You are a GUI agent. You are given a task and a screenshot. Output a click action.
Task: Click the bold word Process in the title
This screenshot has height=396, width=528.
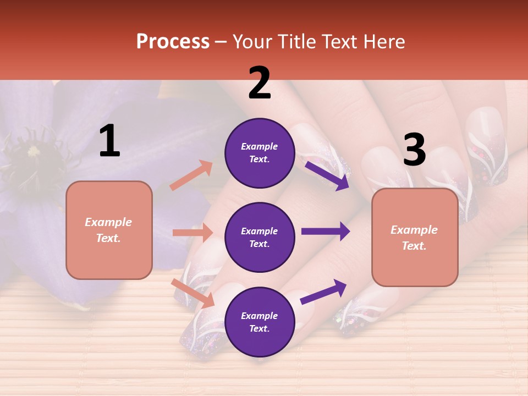tap(173, 41)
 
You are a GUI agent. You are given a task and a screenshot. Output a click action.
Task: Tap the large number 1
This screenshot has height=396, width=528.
tap(109, 141)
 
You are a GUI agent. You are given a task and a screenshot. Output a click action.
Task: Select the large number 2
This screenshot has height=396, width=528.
tap(260, 83)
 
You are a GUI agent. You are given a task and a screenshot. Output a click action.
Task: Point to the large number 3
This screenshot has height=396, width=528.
tap(414, 150)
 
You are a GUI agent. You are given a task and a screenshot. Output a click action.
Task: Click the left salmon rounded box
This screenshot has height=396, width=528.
tap(109, 230)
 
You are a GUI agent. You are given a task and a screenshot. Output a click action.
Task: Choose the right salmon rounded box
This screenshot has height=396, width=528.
tap(415, 238)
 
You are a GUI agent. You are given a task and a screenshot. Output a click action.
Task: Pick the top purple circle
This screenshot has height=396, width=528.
tap(260, 153)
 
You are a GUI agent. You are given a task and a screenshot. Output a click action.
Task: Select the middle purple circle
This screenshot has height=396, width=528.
tap(260, 238)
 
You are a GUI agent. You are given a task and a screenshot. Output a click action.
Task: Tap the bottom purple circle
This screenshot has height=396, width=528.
tap(260, 322)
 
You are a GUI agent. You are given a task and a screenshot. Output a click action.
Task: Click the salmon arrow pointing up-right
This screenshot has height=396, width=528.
tap(191, 175)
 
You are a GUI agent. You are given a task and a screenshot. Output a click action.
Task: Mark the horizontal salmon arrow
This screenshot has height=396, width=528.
tap(193, 233)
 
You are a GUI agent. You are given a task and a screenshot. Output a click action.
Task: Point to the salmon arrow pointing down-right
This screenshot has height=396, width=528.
tap(193, 293)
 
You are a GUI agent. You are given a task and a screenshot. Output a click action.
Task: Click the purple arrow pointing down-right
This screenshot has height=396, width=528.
tap(327, 175)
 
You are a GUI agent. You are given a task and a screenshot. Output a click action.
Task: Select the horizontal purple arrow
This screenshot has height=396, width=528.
tap(326, 232)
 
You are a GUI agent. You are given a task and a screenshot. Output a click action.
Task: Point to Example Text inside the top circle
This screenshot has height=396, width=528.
tap(260, 153)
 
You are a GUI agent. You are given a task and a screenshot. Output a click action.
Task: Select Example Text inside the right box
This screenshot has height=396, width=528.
tap(415, 238)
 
